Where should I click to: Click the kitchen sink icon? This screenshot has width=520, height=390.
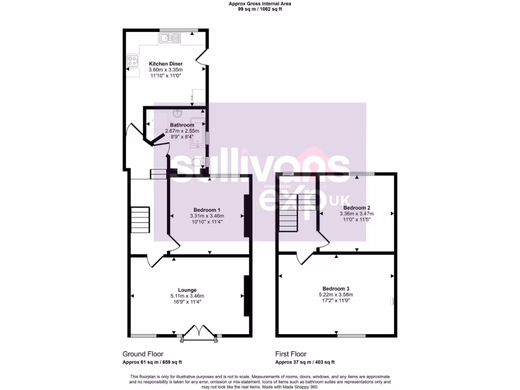click(x=169, y=38)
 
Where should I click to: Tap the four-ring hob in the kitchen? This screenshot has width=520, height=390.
click(x=133, y=61)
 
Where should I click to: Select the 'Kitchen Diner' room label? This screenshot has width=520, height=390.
click(x=166, y=64)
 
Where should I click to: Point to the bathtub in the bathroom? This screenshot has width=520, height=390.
click(x=198, y=131)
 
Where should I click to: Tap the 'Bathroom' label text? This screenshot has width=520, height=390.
click(x=182, y=125)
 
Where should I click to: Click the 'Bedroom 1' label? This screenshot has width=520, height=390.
click(x=207, y=210)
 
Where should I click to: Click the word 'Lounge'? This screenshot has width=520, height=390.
click(x=187, y=290)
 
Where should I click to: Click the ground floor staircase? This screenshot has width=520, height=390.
click(x=140, y=219)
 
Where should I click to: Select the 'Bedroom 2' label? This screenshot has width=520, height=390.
click(x=356, y=208)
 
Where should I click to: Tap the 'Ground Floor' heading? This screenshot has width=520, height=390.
click(x=143, y=354)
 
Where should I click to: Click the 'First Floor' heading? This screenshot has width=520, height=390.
click(x=290, y=354)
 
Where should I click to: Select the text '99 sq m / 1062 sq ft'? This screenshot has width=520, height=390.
click(x=260, y=9)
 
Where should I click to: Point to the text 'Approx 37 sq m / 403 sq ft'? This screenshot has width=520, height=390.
click(x=305, y=362)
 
